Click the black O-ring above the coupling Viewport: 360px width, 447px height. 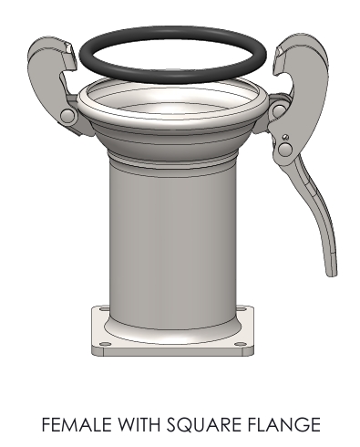(x=172, y=31)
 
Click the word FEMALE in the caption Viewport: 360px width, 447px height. (x=77, y=424)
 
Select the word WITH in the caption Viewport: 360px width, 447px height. (x=139, y=424)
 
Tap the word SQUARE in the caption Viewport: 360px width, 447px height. (x=204, y=425)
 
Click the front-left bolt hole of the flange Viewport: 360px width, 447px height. (x=105, y=345)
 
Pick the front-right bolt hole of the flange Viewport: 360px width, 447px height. (x=241, y=344)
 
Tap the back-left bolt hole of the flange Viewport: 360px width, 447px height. (x=104, y=309)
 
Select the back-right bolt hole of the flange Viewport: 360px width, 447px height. (x=242, y=309)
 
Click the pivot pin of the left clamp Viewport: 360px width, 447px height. (x=67, y=116)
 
